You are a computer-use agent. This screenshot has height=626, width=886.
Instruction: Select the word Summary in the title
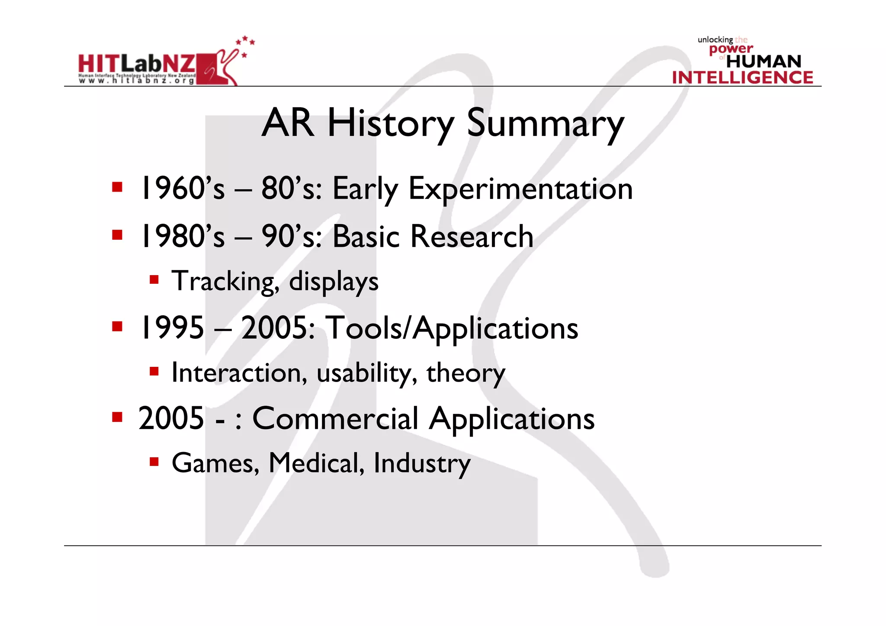point(546,124)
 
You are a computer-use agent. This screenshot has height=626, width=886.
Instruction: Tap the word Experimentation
point(520,189)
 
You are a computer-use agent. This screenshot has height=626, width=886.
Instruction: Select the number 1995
point(171,327)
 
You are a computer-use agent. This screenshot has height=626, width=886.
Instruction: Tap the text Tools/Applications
point(452,328)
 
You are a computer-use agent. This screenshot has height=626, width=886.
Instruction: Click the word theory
point(465,373)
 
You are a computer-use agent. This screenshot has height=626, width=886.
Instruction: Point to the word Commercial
point(335,419)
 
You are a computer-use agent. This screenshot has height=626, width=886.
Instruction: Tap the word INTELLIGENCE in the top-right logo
point(742,77)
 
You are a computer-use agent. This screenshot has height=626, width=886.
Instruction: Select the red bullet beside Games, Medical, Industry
point(154,462)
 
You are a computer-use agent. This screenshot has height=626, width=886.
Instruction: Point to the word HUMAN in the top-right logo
point(764,61)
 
